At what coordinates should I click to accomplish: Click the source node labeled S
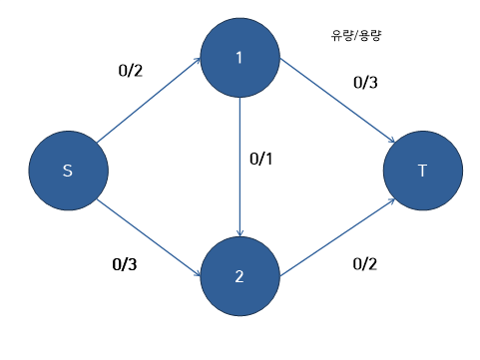click(67, 171)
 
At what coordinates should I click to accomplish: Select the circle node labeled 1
click(240, 57)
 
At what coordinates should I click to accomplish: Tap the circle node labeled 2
click(240, 276)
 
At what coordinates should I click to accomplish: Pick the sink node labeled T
click(422, 171)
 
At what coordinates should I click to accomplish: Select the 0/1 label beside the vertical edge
click(260, 159)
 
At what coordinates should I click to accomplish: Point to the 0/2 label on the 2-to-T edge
click(367, 264)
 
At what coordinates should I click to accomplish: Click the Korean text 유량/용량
click(358, 35)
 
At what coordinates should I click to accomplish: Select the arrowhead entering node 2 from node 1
click(240, 232)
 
